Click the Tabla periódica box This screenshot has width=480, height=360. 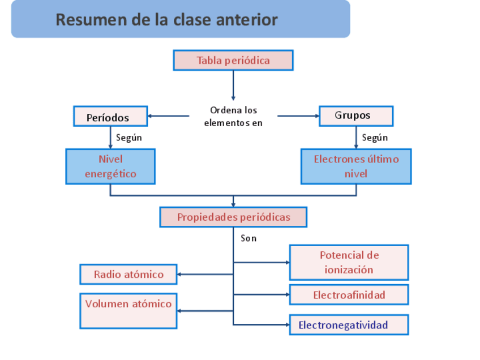click(233, 60)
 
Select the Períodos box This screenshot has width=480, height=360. click(110, 117)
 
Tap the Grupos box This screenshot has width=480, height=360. click(355, 116)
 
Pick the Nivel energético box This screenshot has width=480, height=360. click(110, 166)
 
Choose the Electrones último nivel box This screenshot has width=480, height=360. click(355, 166)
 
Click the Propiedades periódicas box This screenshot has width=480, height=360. click(233, 217)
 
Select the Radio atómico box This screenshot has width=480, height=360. click(128, 275)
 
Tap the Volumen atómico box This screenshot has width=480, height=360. click(128, 311)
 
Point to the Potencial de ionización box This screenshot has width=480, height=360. click(349, 262)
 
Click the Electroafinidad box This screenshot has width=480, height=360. click(349, 295)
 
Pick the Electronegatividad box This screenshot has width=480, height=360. click(349, 325)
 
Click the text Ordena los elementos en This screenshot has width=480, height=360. click(233, 116)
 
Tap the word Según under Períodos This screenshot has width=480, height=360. click(129, 138)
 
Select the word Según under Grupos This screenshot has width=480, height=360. click(375, 138)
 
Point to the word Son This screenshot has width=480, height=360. click(248, 238)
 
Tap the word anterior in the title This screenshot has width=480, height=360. click(248, 20)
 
